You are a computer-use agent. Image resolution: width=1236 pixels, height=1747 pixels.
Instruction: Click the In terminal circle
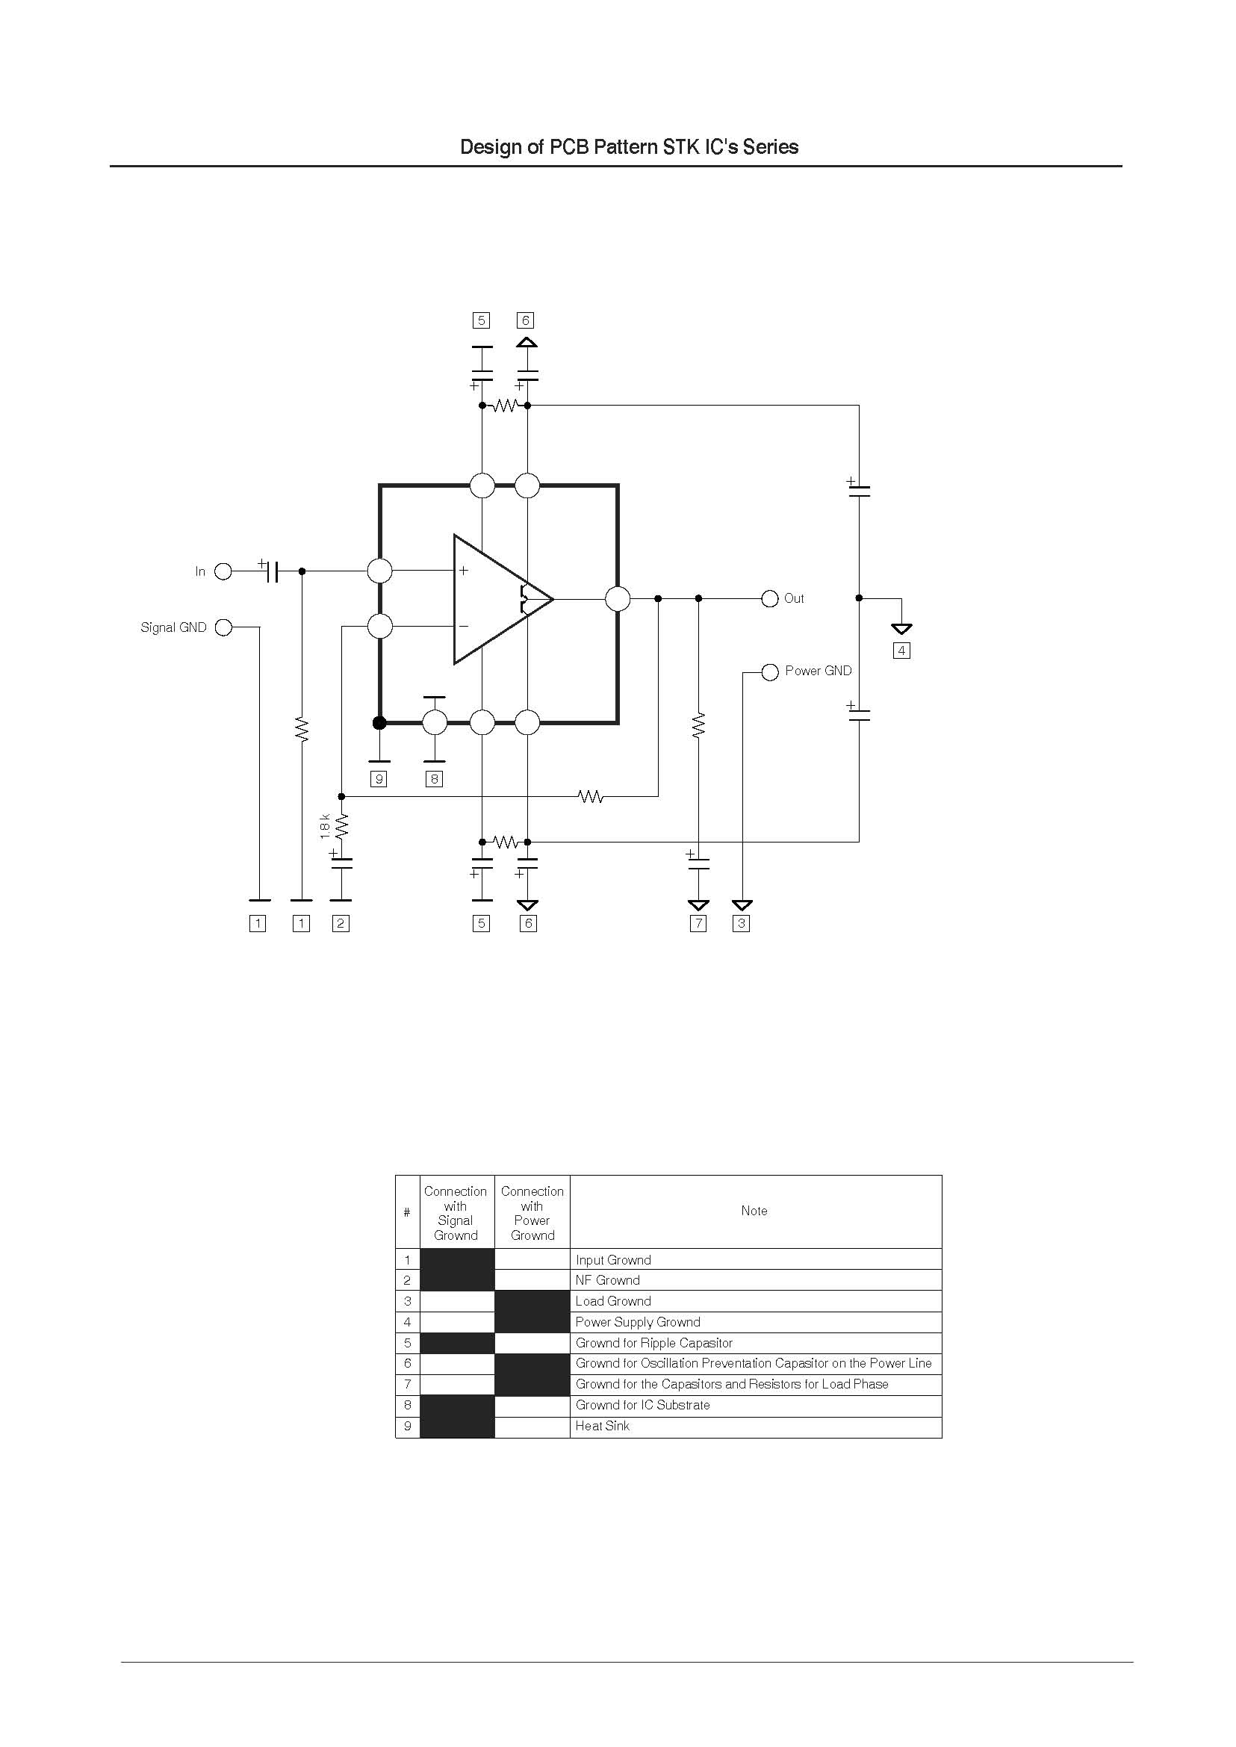coord(223,571)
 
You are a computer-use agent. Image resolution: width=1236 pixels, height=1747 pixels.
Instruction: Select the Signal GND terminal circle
coord(223,627)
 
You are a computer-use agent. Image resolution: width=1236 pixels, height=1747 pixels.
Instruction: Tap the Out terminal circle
coord(770,598)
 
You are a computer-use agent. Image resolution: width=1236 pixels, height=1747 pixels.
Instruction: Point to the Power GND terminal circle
coord(770,672)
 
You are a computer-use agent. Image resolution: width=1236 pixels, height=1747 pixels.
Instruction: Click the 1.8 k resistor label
coord(325,826)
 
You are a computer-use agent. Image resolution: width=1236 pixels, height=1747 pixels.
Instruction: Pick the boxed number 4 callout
coord(901,651)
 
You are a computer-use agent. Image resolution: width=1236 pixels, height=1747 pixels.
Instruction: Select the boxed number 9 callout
coord(379,779)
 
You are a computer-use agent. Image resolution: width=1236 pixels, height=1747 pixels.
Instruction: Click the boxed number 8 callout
coord(434,779)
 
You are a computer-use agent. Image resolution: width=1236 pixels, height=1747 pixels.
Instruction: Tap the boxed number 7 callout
coord(698,923)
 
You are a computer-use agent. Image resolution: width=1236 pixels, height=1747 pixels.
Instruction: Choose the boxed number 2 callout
coord(341,923)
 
